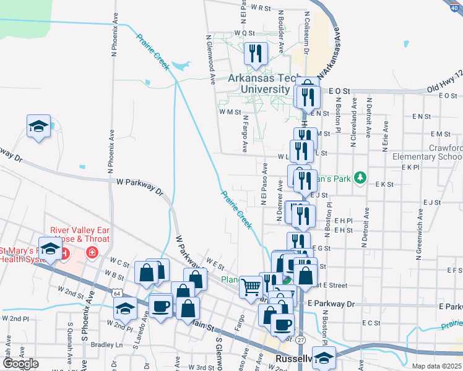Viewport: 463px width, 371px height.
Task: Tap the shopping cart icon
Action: tap(250, 286)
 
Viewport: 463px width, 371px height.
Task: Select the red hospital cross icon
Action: tap(92, 252)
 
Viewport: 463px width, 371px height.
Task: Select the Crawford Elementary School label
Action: tap(427, 152)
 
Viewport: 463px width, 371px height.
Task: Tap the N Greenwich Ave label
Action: tap(420, 224)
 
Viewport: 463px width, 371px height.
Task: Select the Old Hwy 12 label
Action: tap(444, 90)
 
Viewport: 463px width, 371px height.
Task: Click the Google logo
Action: tap(20, 364)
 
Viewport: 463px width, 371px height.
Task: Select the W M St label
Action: tap(229, 113)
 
